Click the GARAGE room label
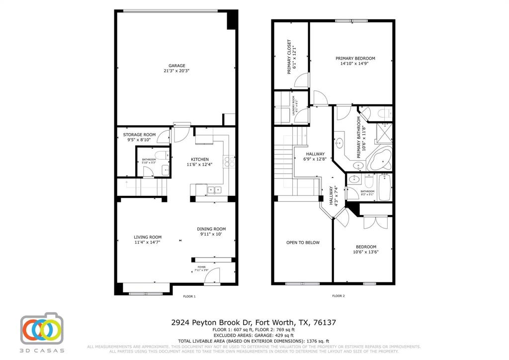coord(176,66)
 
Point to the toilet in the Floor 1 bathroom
coord(162,155)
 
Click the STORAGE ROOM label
coord(139,135)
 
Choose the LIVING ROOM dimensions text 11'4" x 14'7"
coord(148,243)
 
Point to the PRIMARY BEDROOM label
coord(358,58)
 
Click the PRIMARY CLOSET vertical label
coord(289,57)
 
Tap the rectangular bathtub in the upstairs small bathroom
coord(385,187)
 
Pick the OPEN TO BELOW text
coord(303,243)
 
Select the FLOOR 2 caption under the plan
coord(339,296)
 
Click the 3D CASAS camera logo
coord(42,330)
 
